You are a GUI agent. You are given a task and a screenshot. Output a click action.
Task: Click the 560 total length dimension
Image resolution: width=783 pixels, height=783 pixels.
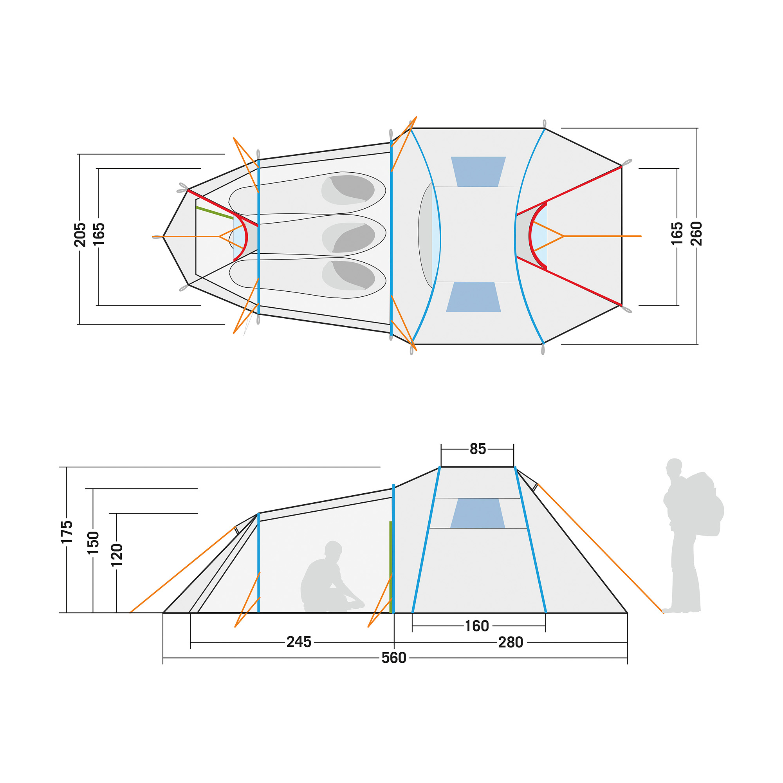click(393, 658)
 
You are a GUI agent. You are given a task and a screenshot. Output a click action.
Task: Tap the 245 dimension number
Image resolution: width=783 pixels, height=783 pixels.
click(299, 642)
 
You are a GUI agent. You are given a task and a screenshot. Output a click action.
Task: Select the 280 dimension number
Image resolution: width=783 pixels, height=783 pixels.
click(510, 642)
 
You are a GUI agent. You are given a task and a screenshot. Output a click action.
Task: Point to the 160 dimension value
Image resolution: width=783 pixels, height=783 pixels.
click(476, 626)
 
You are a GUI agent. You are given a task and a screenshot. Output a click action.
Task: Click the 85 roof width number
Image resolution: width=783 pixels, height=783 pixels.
click(477, 449)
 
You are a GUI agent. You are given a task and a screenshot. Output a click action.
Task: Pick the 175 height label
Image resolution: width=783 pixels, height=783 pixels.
click(67, 532)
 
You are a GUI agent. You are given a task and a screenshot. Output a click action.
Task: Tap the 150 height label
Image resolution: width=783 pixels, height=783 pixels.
click(93, 543)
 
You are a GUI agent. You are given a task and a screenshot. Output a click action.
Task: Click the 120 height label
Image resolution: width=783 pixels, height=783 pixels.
click(117, 555)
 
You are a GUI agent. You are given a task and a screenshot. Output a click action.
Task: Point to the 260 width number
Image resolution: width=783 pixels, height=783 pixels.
click(696, 234)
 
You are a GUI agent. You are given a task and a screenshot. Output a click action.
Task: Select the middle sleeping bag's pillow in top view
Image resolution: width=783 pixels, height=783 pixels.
click(348, 238)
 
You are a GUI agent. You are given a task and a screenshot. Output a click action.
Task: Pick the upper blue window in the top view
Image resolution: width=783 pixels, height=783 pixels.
click(479, 171)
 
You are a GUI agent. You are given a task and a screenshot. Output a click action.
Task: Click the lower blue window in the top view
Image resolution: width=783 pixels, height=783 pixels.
click(473, 297)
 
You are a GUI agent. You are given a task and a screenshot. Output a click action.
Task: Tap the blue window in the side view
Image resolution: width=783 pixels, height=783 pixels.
click(477, 513)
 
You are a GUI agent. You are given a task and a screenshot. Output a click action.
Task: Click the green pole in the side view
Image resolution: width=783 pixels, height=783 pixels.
click(390, 567)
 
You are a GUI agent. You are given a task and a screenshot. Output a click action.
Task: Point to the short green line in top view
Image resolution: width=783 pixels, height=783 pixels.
click(215, 213)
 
